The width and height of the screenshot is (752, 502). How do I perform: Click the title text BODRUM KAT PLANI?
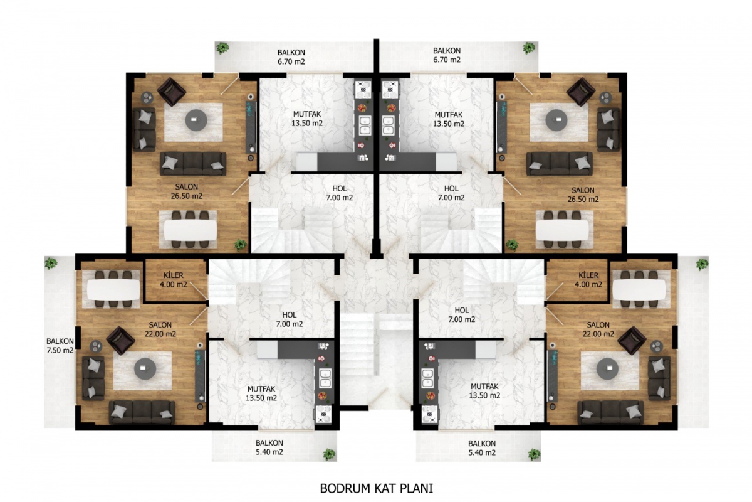377,488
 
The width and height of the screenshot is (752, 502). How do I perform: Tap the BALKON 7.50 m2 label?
60,346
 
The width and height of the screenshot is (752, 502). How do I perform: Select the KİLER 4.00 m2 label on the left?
173,280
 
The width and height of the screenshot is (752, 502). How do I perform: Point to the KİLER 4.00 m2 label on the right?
588,280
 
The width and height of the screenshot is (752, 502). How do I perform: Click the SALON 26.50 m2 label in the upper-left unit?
187,191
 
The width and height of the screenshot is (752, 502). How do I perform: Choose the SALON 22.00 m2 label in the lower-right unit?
598,329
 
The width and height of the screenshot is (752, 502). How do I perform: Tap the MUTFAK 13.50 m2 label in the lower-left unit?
261,393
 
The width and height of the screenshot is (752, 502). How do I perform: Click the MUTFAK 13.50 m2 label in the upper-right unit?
449,119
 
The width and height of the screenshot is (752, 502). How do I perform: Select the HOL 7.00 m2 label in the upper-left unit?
340,193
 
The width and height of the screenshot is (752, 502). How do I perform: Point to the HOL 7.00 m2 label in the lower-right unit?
462,315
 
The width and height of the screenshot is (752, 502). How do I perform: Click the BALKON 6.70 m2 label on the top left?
291,57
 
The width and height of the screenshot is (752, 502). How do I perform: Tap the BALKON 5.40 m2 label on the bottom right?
482,448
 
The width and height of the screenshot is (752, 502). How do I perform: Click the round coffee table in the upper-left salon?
196,120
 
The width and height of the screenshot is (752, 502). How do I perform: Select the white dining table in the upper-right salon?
563,230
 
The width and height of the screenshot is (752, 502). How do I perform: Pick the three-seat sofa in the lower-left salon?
142,412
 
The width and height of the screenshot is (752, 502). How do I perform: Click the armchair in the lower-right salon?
632,340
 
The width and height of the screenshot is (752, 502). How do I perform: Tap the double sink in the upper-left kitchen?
365,125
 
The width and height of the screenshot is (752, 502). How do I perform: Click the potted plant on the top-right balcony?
529,48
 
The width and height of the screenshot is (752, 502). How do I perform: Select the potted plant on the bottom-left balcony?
329,454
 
